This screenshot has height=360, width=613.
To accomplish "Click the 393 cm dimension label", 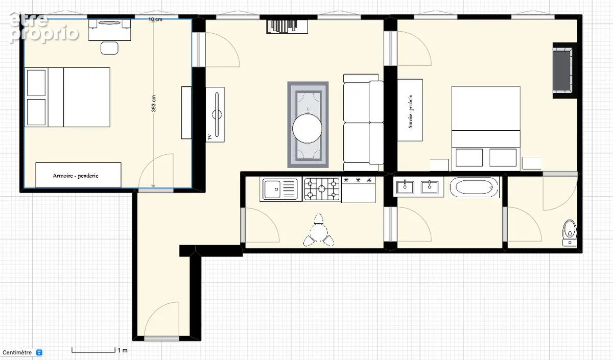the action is click(154, 104).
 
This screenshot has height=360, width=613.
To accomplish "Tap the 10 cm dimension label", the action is click(155, 19).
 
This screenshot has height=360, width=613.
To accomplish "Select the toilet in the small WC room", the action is click(570, 233).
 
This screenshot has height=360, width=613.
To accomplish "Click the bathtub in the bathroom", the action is click(474, 187).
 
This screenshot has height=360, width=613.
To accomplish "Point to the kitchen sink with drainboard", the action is click(280, 189).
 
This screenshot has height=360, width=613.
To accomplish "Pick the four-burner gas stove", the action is click(322, 189).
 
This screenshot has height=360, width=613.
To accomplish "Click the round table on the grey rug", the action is click(307, 128).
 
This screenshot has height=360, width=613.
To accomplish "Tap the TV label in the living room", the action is click(210, 137).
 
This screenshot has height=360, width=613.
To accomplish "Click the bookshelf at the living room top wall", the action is click(287, 26).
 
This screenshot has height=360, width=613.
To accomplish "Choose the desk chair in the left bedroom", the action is click(109, 48).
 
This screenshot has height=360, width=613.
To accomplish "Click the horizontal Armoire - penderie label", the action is click(76, 176).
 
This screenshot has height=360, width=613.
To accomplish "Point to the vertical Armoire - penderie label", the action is click(410, 112).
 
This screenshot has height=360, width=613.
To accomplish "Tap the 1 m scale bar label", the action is click(123, 350).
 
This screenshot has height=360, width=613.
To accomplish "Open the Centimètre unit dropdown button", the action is click(39, 352).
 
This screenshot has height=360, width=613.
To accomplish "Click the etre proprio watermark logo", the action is click(44, 28).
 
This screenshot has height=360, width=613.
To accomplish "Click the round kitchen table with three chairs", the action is click(318, 231).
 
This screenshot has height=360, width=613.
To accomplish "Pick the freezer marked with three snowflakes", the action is click(358, 189).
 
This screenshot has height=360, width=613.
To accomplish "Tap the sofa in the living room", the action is click(363, 122).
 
